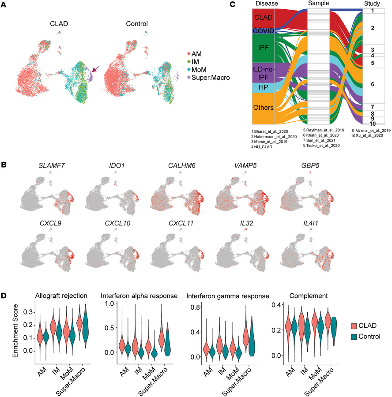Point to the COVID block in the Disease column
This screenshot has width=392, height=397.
pos(263,31)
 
